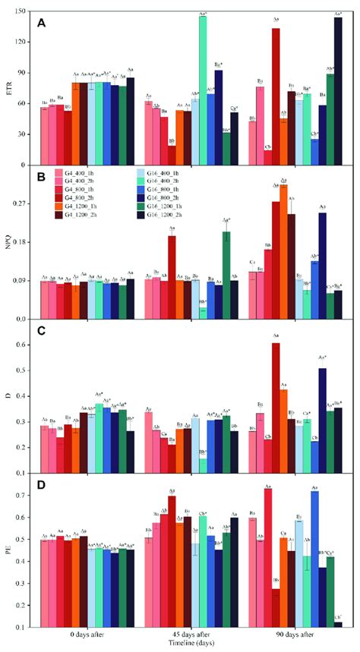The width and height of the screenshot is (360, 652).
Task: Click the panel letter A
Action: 43,23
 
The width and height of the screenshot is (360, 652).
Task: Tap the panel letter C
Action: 43,332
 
